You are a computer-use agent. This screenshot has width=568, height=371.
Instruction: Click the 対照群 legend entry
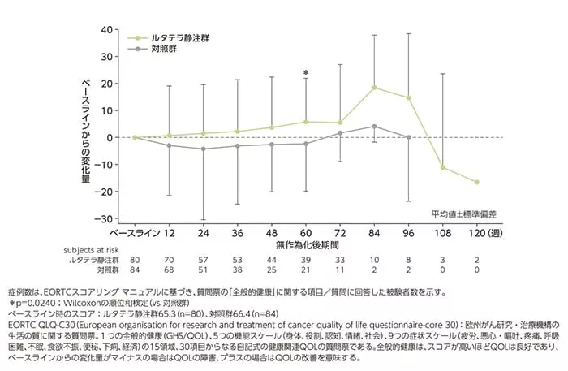[x=166, y=50]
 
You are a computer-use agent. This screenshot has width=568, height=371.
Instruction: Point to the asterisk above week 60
[x=306, y=74]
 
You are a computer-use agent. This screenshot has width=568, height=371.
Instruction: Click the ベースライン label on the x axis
[x=136, y=233]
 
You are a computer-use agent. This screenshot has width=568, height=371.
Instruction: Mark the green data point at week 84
[x=374, y=88]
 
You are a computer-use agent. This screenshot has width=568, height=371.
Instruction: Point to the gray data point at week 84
[x=374, y=127]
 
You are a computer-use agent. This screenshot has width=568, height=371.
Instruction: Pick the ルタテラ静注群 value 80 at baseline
[x=136, y=260]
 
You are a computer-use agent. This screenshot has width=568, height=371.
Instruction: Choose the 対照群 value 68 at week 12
[x=170, y=270]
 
